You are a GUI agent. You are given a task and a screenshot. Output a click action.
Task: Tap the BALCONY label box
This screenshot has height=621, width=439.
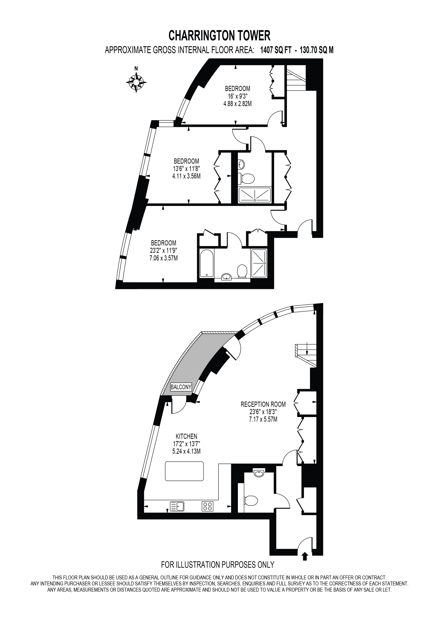coord(181,387)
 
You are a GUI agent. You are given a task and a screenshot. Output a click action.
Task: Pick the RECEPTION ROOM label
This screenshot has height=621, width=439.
coord(263,404)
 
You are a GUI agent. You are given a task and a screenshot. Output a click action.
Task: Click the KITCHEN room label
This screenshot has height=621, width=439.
coord(187,436)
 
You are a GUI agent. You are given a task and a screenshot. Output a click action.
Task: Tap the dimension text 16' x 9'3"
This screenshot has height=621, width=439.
coord(238,96)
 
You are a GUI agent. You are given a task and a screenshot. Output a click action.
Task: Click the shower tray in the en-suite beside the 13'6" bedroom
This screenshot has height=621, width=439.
coord(254,194)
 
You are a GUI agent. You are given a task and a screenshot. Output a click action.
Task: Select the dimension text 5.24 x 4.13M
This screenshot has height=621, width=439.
coord(187,451)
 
